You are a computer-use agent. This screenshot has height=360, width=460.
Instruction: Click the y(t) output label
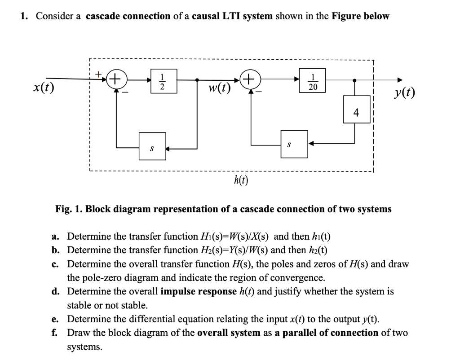click(x=404, y=93)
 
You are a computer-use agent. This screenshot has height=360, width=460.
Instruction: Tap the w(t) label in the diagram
click(x=219, y=87)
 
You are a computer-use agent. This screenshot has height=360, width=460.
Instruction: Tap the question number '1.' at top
click(x=25, y=16)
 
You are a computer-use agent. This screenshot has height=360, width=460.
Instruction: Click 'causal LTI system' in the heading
click(x=232, y=16)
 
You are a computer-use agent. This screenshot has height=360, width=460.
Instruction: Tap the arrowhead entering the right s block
click(x=311, y=144)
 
